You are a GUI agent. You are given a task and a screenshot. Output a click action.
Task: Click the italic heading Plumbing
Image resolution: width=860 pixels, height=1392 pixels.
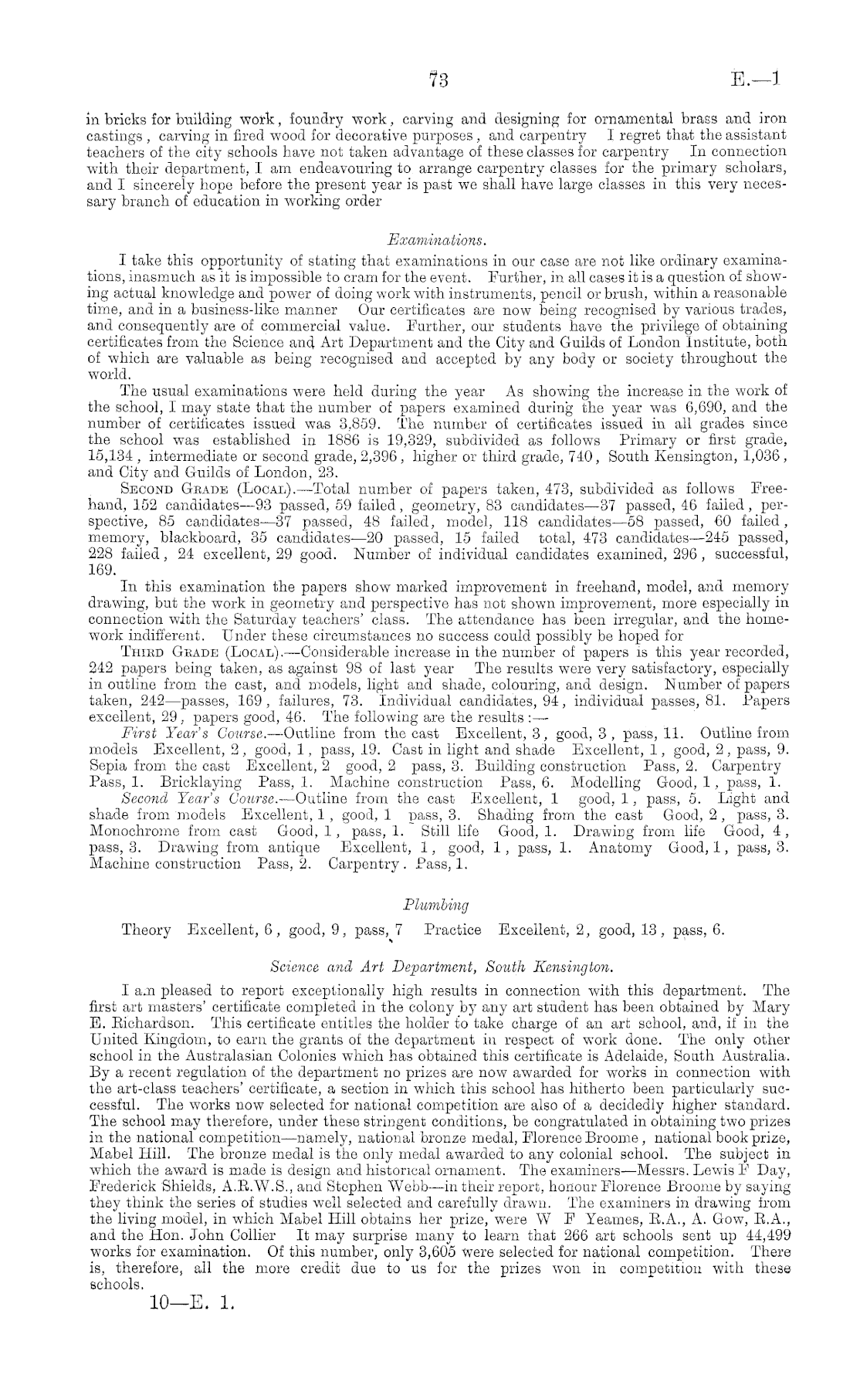[x=437, y=904]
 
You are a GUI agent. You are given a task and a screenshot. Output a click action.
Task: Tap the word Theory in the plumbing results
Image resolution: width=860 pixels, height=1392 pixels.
[x=146, y=930]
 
